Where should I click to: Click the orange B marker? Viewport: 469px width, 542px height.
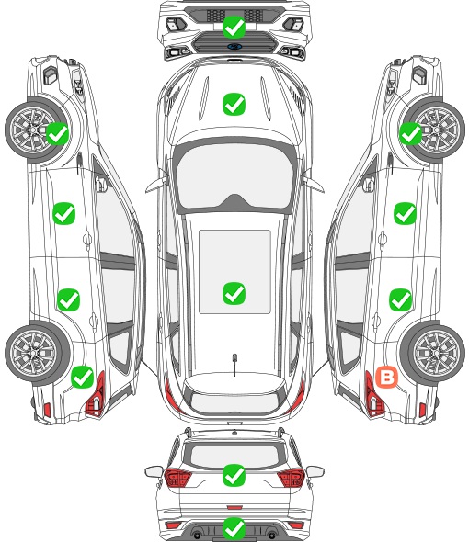click(x=386, y=378)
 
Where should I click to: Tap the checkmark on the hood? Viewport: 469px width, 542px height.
click(x=234, y=104)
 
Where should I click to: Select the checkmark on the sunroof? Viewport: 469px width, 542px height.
click(x=234, y=293)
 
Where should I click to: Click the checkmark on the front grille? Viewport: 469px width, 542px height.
click(x=234, y=27)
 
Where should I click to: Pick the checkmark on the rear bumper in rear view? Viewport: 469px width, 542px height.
click(x=234, y=528)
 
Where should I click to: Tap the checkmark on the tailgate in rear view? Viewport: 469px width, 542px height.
click(x=234, y=475)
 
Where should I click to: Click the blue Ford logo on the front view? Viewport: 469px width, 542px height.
click(x=234, y=46)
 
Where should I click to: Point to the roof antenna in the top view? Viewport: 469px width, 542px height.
click(x=234, y=361)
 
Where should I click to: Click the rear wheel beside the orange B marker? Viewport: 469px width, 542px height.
click(x=432, y=354)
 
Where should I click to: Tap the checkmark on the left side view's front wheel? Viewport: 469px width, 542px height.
click(x=57, y=134)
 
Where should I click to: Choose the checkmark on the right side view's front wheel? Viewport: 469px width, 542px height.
click(x=410, y=134)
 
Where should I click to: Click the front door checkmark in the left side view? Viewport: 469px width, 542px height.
click(x=63, y=213)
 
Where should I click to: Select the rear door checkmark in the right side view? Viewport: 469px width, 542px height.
click(x=400, y=299)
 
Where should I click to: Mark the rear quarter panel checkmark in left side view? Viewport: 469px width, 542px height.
click(x=82, y=377)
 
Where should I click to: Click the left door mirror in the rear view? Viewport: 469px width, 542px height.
click(x=154, y=471)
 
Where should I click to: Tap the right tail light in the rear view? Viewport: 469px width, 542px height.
click(x=291, y=477)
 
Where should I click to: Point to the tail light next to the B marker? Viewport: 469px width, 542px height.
click(x=373, y=394)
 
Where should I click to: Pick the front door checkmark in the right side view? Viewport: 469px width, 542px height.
click(x=405, y=213)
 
